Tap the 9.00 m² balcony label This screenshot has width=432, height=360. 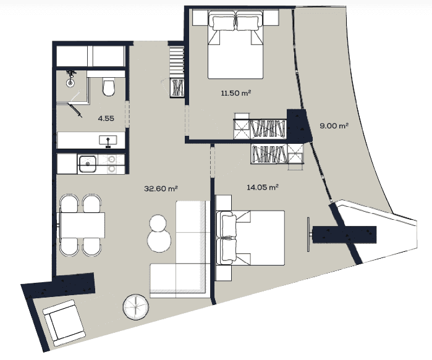coord(334,125)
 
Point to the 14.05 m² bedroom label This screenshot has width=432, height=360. coord(263,187)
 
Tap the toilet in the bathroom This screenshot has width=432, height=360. coord(109,88)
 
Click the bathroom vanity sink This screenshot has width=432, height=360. coord(108,140)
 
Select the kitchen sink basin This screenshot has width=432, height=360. coord(88,164)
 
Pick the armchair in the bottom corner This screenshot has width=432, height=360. coord(64,323)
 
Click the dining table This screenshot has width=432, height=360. coord(82,224)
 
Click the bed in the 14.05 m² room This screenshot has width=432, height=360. coord(250,237)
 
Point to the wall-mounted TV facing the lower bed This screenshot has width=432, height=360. coord(310,235)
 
